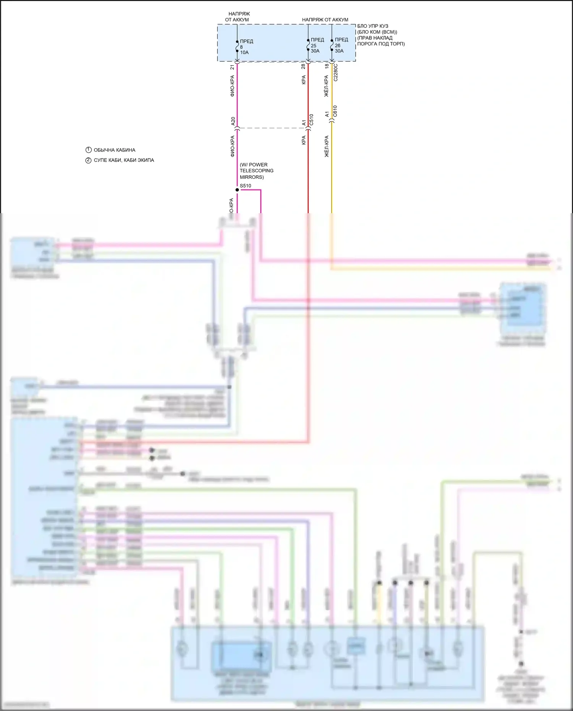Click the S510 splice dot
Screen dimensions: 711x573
[x=237, y=189]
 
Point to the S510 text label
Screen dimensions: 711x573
[x=246, y=186]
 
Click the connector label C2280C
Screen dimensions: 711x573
[x=336, y=72]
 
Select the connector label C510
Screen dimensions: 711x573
[x=311, y=120]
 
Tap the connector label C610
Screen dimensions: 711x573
[x=335, y=111]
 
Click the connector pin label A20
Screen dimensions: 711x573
[x=233, y=121]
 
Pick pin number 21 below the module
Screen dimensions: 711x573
[x=232, y=67]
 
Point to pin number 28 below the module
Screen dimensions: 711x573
[x=303, y=66]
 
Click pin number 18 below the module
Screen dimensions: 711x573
[x=327, y=66]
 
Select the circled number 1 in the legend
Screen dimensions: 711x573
[x=89, y=150]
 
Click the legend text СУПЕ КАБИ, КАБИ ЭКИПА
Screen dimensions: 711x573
[x=124, y=160]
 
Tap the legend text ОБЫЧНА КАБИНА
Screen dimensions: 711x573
[x=115, y=150]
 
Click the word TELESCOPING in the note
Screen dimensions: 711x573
[x=256, y=171]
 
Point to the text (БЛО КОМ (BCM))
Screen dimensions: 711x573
[x=377, y=32]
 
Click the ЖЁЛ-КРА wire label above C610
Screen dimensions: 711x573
[x=326, y=86]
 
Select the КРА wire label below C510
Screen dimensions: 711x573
[x=304, y=140]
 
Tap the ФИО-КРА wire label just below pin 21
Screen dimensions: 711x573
[x=232, y=86]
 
